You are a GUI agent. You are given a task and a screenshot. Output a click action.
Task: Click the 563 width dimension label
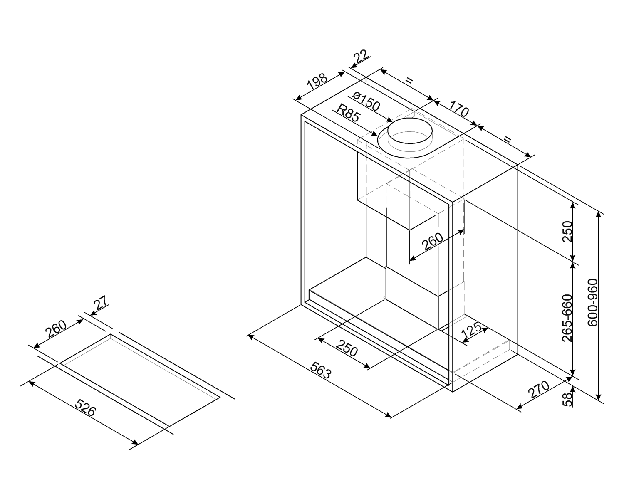321,370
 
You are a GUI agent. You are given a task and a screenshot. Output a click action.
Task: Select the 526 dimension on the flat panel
87,408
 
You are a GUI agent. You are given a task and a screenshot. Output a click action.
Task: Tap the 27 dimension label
102,302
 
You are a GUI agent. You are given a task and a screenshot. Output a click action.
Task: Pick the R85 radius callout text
348,113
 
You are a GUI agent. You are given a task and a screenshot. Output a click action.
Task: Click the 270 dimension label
539,390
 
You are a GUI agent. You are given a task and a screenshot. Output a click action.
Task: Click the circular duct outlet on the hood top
410,134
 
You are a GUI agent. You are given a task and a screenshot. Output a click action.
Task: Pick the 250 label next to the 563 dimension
347,348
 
